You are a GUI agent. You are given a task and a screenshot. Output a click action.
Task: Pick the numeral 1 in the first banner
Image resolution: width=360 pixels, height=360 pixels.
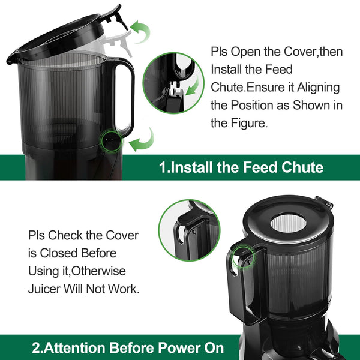[x=163, y=167]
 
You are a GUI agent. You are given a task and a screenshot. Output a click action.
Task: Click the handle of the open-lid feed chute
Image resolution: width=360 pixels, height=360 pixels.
[x=125, y=96]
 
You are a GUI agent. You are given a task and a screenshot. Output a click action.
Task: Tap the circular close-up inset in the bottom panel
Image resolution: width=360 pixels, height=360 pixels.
[x=188, y=229]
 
